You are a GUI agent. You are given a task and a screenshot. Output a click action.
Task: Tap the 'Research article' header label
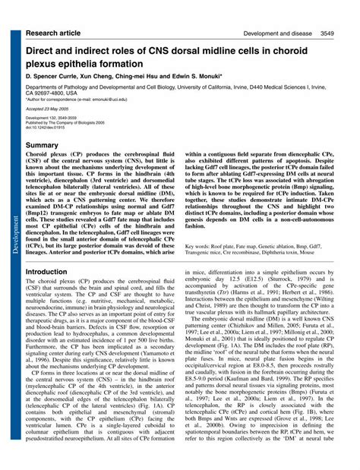click(55, 13)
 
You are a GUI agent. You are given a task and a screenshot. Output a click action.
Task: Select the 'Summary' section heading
click(43, 145)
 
